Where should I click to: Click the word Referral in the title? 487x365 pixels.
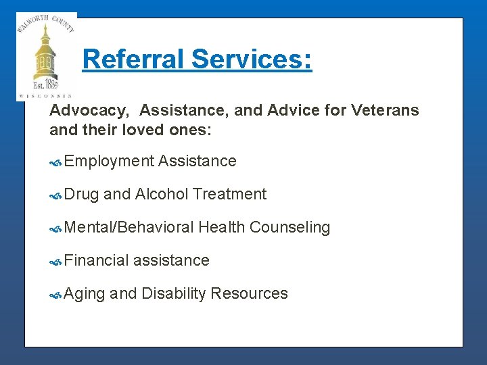pyautogui.click(x=133, y=59)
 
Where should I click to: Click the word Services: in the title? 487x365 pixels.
pyautogui.click(x=251, y=59)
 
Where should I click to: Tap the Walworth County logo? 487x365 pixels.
pyautogui.click(x=46, y=57)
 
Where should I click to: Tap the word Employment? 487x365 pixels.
pyautogui.click(x=110, y=162)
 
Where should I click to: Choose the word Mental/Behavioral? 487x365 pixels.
pyautogui.click(x=129, y=228)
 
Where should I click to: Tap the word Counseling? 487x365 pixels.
pyautogui.click(x=289, y=228)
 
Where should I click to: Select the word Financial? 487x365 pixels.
pyautogui.click(x=97, y=260)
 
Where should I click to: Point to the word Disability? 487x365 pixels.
pyautogui.click(x=173, y=294)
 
